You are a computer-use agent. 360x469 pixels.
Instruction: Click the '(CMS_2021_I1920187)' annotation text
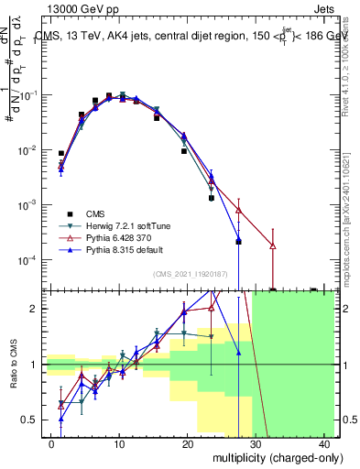189,273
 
